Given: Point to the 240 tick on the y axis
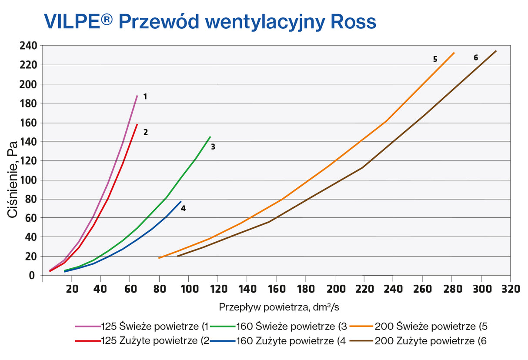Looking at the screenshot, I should tap(29, 46).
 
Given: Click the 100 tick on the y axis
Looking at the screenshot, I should tap(29, 180).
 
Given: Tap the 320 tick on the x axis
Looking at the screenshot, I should tap(510, 289).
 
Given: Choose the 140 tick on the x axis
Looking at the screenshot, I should tap(247, 289).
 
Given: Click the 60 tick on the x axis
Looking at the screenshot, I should tap(130, 289).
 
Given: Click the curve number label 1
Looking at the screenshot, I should tap(145, 97).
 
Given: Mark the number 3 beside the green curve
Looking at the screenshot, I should tap(213, 147).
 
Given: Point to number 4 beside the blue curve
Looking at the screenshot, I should tap(183, 209).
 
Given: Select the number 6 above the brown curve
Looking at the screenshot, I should tap(476, 57).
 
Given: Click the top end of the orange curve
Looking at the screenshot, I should tap(454, 53).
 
